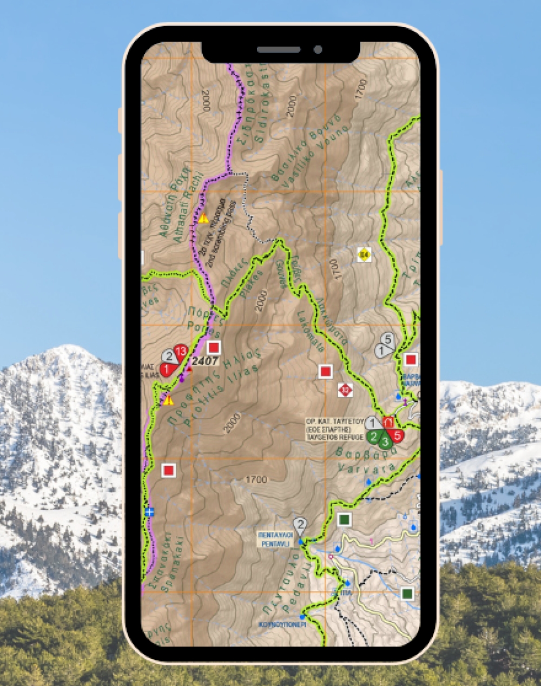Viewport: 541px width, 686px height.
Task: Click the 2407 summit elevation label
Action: [205, 361]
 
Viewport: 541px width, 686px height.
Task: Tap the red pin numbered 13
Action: [180, 352]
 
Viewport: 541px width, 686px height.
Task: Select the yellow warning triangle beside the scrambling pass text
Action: [203, 219]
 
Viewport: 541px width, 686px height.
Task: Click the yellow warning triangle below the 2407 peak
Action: [168, 400]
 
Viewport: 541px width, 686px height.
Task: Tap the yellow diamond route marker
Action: [364, 254]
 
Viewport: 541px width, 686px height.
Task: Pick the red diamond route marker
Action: [345, 390]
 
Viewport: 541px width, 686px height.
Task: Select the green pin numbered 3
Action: [385, 441]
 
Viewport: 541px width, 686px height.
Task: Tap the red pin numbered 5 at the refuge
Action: [398, 435]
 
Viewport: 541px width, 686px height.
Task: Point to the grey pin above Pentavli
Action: [300, 524]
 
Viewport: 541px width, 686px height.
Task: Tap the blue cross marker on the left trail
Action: [150, 512]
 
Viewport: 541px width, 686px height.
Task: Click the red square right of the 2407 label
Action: [214, 347]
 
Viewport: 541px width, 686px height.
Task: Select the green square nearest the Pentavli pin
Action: [344, 520]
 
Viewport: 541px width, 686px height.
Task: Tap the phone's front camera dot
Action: [318, 50]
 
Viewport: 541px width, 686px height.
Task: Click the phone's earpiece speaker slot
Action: [279, 50]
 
